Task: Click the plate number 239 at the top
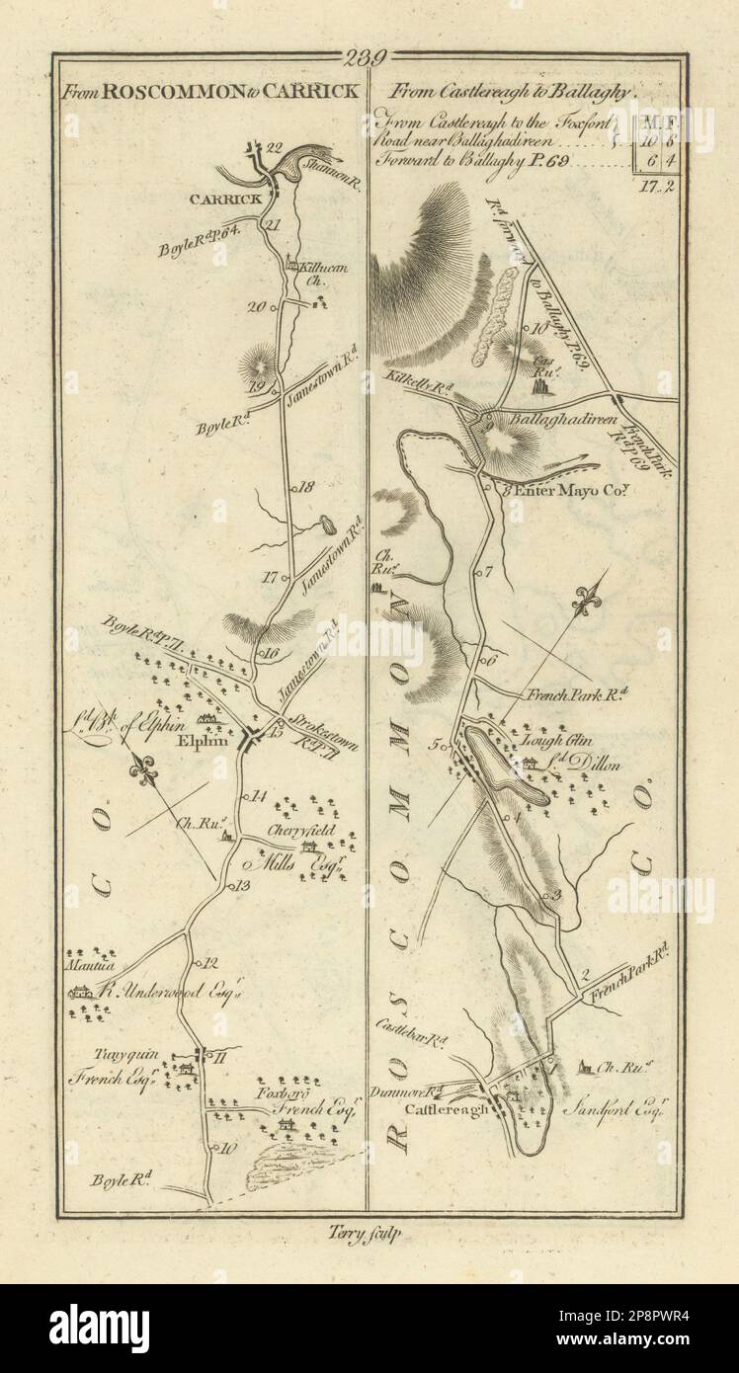(x=367, y=58)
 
